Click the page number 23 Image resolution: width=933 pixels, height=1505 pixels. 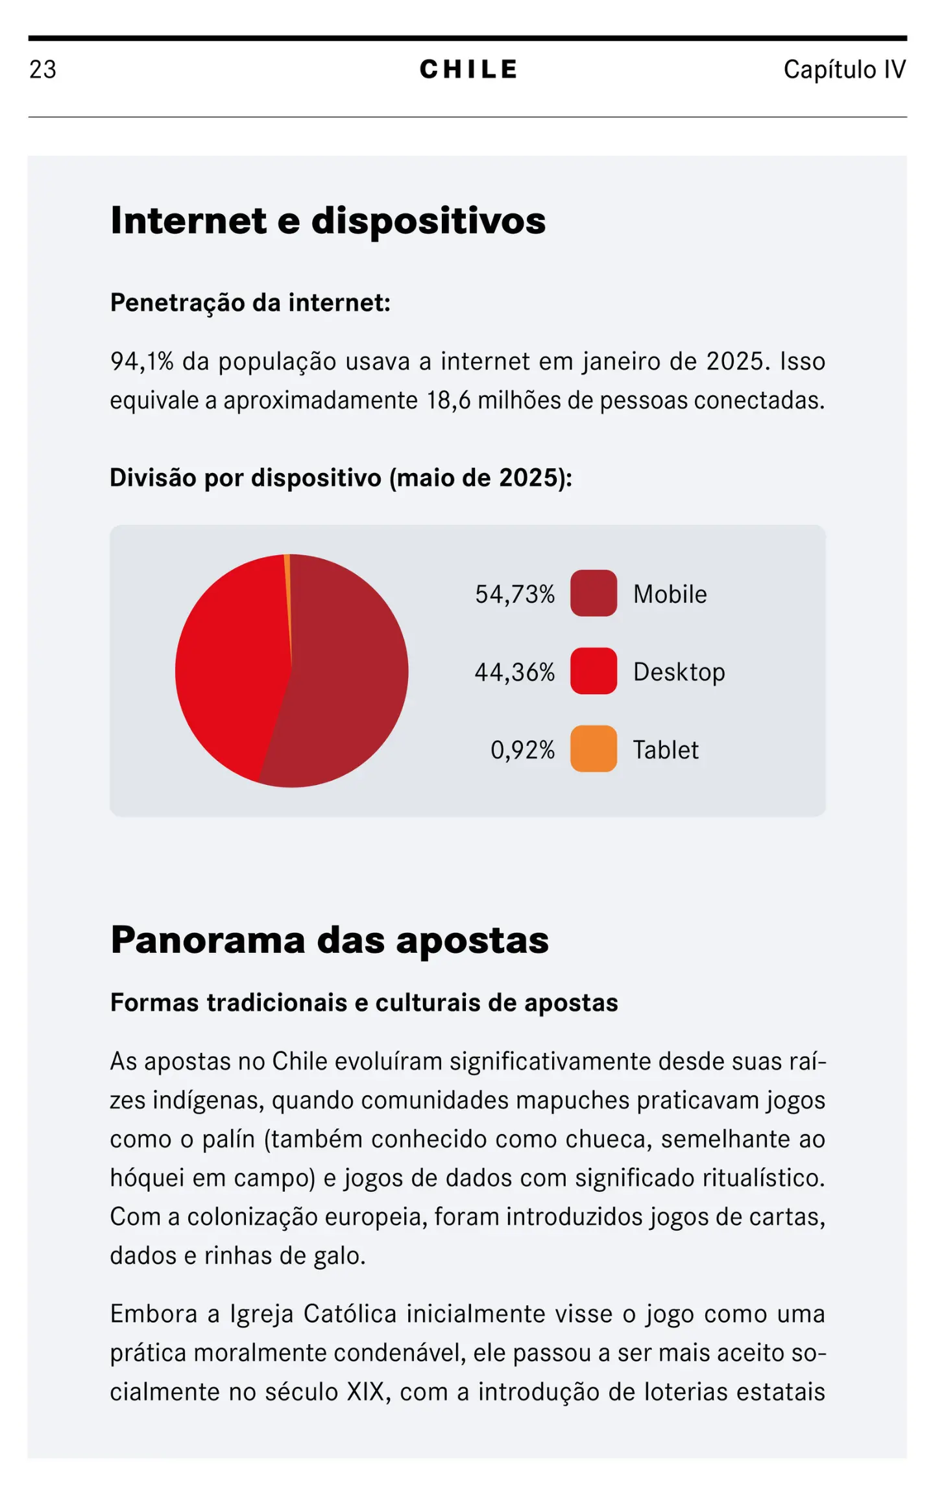point(43,70)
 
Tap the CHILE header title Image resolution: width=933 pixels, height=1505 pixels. point(468,69)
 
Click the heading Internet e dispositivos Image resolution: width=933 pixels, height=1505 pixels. point(328,221)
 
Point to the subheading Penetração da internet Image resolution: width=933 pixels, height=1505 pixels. point(250,302)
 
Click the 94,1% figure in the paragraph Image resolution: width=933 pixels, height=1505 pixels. point(141,361)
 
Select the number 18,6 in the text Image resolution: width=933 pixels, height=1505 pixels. point(448,400)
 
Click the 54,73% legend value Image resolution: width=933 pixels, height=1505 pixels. point(515,594)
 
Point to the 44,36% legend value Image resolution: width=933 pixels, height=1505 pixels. point(515,672)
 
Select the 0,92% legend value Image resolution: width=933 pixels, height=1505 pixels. point(522,750)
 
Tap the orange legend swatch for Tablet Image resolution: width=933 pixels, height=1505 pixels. point(593,749)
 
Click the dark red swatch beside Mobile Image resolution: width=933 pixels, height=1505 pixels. point(593,593)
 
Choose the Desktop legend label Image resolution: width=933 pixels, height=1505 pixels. point(679,672)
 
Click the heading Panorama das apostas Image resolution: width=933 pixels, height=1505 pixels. point(330,940)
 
